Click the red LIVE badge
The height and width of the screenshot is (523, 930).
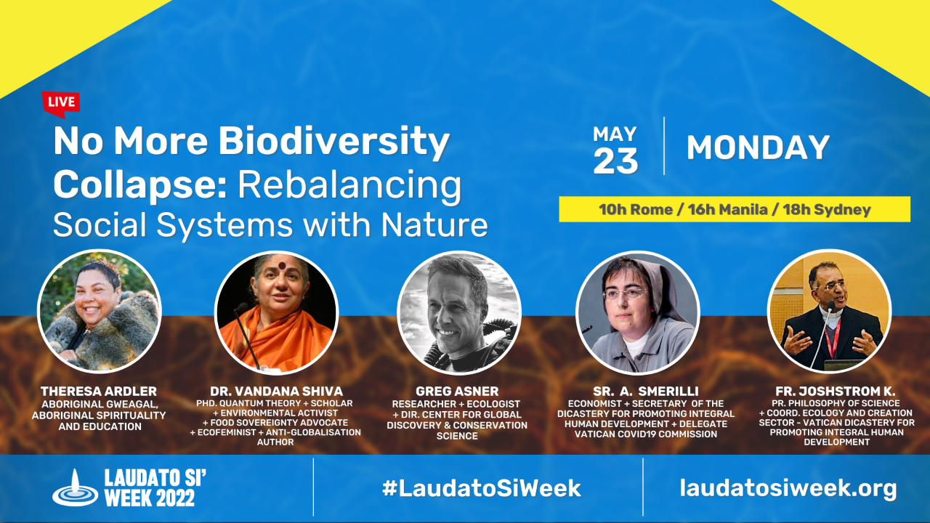pyautogui.click(x=60, y=104)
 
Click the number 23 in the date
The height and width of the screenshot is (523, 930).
pyautogui.click(x=615, y=161)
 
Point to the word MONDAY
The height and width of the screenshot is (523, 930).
pyautogui.click(x=758, y=147)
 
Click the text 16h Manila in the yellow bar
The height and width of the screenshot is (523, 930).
pyautogui.click(x=728, y=210)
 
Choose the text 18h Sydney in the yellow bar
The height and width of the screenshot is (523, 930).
pyautogui.click(x=827, y=210)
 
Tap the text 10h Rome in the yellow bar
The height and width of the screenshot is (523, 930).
pyautogui.click(x=635, y=210)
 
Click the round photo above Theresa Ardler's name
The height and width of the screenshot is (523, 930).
pyautogui.click(x=100, y=312)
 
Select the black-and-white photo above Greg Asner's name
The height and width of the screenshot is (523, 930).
pyautogui.click(x=458, y=312)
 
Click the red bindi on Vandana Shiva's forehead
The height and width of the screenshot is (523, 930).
pyautogui.click(x=283, y=266)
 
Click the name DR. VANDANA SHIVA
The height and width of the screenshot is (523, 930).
pyautogui.click(x=277, y=391)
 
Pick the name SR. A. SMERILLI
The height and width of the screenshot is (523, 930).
pyautogui.click(x=646, y=391)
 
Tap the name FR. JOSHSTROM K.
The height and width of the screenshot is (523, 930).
pyautogui.click(x=836, y=391)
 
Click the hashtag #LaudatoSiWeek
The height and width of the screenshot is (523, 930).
pyautogui.click(x=482, y=488)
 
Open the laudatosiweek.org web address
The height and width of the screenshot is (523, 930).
pyautogui.click(x=788, y=489)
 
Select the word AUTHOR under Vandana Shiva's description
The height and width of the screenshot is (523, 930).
pyautogui.click(x=275, y=442)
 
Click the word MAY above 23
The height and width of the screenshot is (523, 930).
pyautogui.click(x=615, y=134)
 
